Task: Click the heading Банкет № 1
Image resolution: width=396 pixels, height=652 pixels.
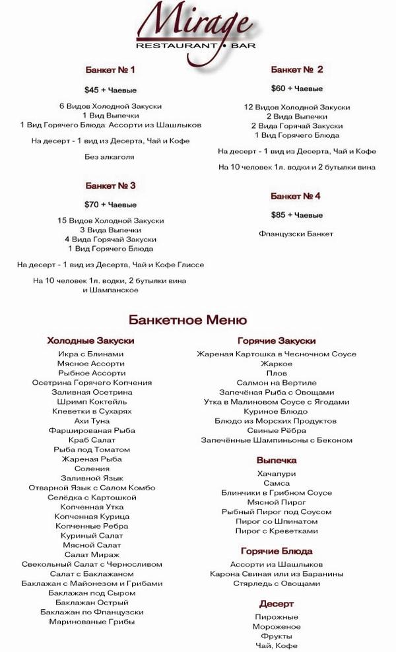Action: coord(110,69)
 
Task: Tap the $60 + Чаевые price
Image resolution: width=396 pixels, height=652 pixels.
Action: coord(296,88)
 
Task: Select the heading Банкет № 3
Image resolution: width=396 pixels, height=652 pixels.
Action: coord(110,185)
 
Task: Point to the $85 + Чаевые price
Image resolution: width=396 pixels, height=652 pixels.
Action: coord(296,215)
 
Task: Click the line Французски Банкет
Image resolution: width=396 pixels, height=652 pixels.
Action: coord(296,234)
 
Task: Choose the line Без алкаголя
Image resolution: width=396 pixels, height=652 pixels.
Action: coord(110,157)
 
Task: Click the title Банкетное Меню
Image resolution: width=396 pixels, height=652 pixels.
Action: coord(188,320)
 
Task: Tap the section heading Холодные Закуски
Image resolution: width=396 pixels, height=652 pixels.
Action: coord(91,341)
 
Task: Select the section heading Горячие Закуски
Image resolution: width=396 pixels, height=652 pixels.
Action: coord(276,341)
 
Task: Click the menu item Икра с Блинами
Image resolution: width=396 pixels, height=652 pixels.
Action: coord(91,354)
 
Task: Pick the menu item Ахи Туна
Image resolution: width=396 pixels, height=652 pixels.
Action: coord(91,420)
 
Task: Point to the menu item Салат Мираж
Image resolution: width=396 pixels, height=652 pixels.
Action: coord(92,554)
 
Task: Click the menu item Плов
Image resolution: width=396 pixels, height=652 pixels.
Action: coord(276,373)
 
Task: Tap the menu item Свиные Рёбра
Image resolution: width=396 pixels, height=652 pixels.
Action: coord(276,430)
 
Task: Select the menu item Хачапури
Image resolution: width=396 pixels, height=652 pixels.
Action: coord(276,473)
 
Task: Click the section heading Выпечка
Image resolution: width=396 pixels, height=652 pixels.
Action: coord(276,460)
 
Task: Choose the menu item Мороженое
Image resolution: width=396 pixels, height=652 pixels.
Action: coord(276,626)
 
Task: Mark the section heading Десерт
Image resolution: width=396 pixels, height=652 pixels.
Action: coord(276,603)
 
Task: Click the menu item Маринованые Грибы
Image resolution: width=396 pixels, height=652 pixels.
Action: coord(92,621)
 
